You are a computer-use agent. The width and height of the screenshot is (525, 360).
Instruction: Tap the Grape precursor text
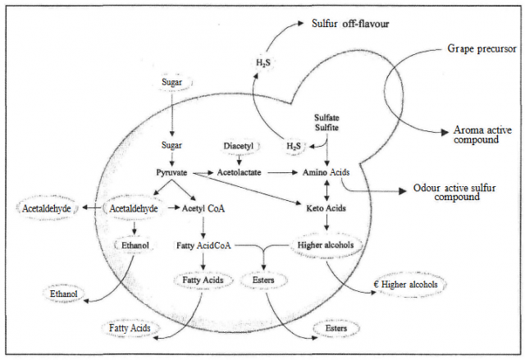point(482,48)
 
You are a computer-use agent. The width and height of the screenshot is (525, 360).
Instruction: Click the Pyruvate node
point(172,173)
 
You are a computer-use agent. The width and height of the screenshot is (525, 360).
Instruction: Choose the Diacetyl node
point(239,146)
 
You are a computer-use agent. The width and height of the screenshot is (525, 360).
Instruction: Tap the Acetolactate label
point(239,173)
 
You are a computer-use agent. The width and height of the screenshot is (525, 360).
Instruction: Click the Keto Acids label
point(327,209)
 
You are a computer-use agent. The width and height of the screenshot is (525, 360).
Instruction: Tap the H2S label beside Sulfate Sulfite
point(294,146)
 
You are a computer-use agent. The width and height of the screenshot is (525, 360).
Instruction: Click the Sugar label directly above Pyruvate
point(171,145)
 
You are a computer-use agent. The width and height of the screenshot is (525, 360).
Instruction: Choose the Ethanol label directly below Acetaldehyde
point(135,244)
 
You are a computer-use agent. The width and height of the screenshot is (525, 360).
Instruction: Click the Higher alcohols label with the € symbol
point(409,285)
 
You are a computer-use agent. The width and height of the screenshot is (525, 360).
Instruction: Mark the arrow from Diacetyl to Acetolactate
point(239,159)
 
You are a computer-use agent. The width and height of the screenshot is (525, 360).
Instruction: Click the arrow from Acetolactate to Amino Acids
point(282,173)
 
